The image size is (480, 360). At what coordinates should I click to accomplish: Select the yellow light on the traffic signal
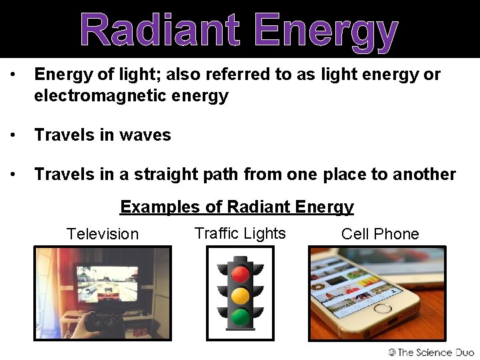point(240,295)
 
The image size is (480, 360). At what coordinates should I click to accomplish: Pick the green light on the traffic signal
point(240,316)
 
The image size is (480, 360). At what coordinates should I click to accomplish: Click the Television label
point(103,234)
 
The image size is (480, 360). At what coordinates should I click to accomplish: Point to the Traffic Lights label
point(240,233)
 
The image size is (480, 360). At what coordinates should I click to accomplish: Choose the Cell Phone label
point(380,234)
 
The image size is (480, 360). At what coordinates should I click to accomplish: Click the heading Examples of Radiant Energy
point(237,207)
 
